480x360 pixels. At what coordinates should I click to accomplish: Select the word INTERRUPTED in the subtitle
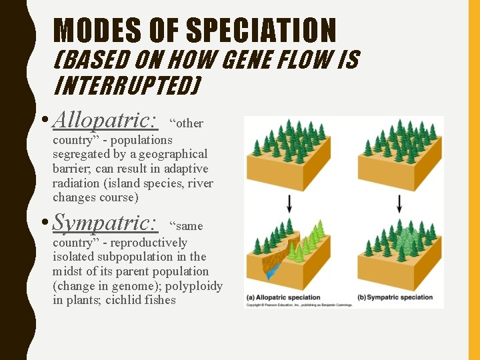[x=127, y=87]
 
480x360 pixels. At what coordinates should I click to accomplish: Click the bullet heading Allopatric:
[x=105, y=121]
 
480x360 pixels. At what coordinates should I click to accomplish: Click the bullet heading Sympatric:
[x=105, y=223]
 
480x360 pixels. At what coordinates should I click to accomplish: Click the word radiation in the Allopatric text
[x=75, y=183]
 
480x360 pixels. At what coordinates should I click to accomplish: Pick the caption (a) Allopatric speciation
[x=283, y=297]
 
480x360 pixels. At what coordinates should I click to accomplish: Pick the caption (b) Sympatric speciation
[x=395, y=297]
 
